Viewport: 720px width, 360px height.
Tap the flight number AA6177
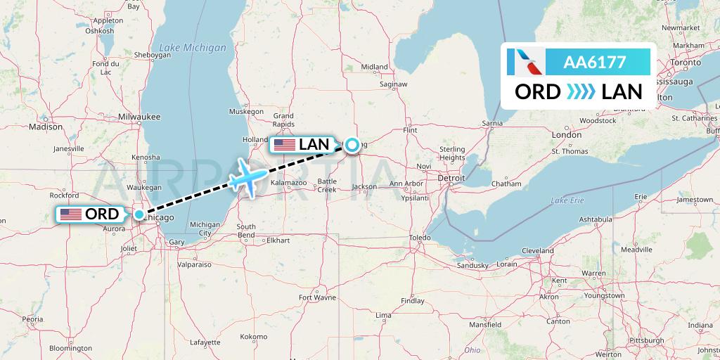tap(594, 62)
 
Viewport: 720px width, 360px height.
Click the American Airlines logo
tap(527, 62)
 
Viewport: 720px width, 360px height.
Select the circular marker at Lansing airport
tap(352, 146)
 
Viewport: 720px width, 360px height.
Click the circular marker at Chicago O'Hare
tap(140, 214)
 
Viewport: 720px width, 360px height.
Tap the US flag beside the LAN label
tap(285, 145)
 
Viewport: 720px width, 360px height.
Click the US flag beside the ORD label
tap(71, 214)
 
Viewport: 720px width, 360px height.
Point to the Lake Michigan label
tap(193, 48)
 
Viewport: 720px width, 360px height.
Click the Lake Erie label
tap(568, 201)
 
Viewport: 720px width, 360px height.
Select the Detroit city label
tap(451, 179)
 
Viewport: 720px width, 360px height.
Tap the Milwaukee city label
tap(140, 116)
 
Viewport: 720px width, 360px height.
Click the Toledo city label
tap(420, 238)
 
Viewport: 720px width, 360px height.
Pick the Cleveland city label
tap(537, 251)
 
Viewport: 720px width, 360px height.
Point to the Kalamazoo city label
tap(289, 183)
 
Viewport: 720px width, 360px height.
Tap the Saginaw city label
tap(393, 84)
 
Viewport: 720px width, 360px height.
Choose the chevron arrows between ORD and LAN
tap(581, 91)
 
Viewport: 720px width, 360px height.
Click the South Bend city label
tap(246, 231)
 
